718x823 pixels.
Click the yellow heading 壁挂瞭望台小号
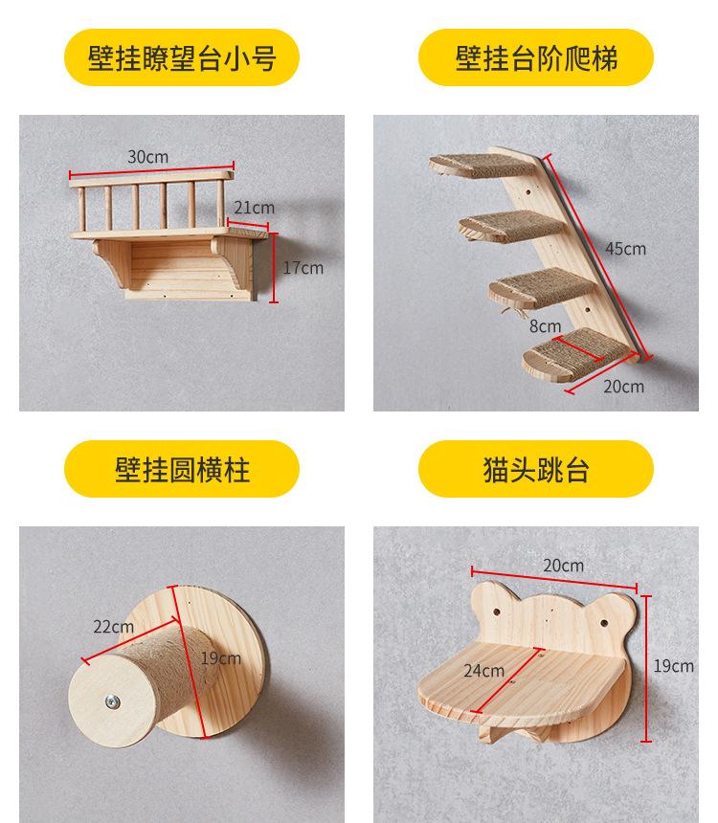coord(182,58)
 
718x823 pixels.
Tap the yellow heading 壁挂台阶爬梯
coord(536,58)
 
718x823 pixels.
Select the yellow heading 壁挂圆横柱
coord(182,470)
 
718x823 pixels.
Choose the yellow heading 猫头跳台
coord(536,470)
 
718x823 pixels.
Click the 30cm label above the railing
coord(147,157)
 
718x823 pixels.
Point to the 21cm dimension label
coord(254,207)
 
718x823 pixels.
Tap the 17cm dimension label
coord(303,268)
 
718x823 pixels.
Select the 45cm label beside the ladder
coord(625,249)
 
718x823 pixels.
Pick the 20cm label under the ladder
coord(624,387)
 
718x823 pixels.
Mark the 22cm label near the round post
coord(113,627)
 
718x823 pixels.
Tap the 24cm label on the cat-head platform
coord(483,671)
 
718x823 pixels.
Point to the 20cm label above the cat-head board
coord(563,566)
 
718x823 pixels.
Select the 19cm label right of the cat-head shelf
coord(673,666)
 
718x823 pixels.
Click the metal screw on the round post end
coord(114,703)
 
